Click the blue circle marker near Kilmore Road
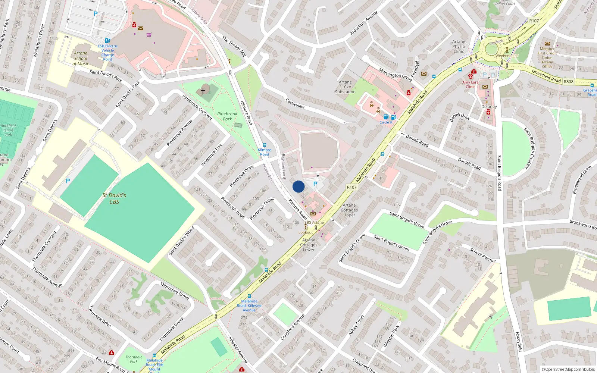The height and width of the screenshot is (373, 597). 298,186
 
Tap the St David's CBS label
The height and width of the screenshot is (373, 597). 114,198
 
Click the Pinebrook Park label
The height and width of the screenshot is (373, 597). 227,116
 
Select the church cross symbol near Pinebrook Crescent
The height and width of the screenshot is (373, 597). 203,91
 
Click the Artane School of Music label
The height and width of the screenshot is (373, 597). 81,59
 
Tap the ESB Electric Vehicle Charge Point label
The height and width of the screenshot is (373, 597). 107,53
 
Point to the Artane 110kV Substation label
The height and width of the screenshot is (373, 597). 345,87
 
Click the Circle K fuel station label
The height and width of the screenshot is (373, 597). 386,122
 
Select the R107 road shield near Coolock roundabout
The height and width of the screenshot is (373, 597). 534,21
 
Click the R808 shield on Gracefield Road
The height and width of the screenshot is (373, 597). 568,82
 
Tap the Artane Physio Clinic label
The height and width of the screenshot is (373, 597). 459,47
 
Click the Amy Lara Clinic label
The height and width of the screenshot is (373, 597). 470,84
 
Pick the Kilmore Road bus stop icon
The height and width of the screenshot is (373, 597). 265,145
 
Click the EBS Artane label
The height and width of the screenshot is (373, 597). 314,222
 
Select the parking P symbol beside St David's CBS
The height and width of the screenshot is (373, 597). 68,181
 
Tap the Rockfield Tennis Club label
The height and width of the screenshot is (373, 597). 8,130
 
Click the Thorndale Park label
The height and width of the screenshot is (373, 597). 134,359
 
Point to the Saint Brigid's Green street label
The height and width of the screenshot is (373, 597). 391,243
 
